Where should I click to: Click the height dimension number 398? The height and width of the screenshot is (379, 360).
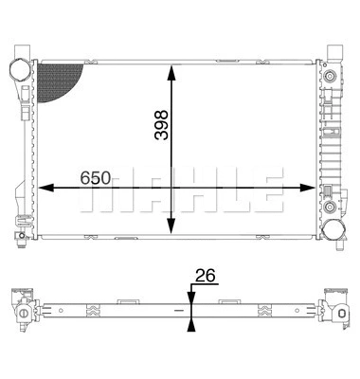coord(161,122)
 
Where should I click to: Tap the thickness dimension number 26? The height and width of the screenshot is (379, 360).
coord(205,276)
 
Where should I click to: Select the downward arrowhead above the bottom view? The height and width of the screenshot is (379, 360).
coord(190,295)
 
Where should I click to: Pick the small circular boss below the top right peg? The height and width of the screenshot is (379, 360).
coord(329,74)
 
